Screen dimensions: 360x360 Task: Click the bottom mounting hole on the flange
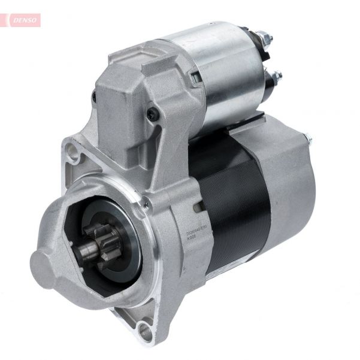[142, 327]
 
